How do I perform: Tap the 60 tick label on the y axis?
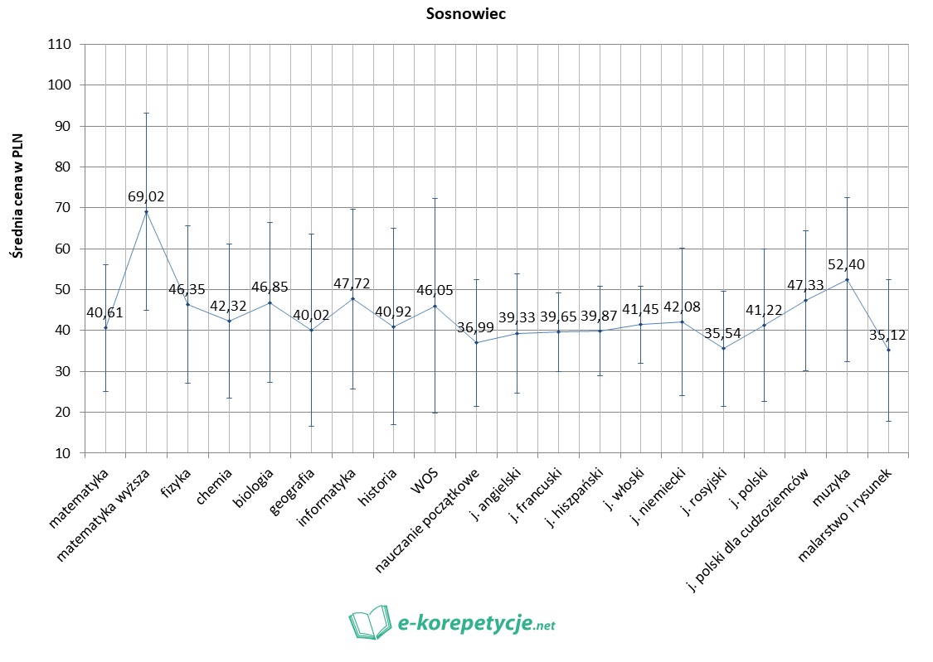click(63, 249)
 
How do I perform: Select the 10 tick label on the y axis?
click(63, 452)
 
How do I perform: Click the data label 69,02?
click(146, 197)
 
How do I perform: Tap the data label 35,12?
click(887, 336)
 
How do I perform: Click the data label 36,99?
click(475, 328)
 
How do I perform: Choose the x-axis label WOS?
click(423, 480)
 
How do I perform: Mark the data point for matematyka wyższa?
click(147, 212)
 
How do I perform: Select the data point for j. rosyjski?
click(723, 348)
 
